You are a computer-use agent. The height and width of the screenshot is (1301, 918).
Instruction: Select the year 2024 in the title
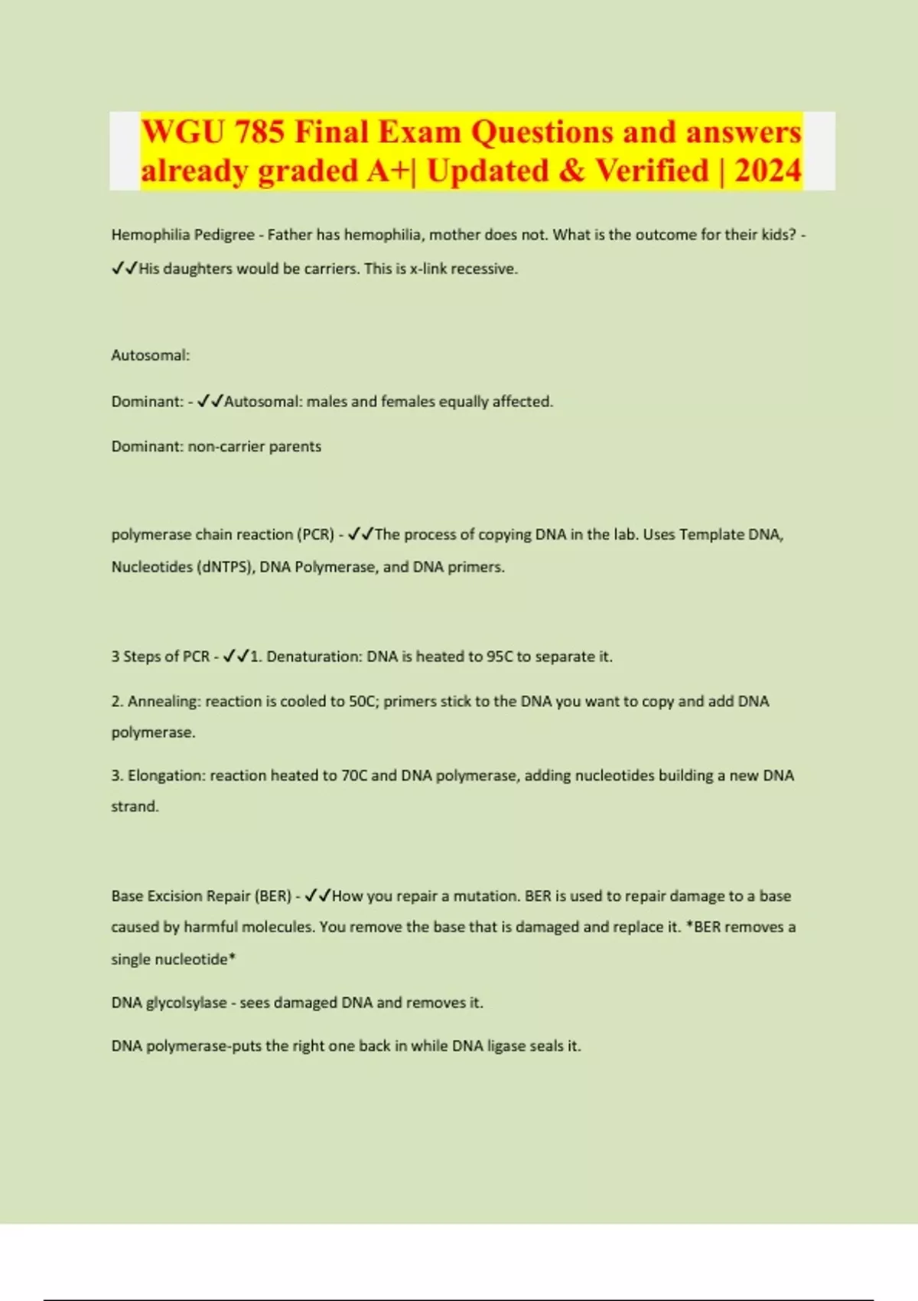767,171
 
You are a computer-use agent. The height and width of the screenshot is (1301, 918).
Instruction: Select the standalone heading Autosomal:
151,355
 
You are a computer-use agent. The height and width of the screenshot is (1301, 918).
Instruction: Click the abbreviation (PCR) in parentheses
315,534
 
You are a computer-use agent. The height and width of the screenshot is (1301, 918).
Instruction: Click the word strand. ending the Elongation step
135,807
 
